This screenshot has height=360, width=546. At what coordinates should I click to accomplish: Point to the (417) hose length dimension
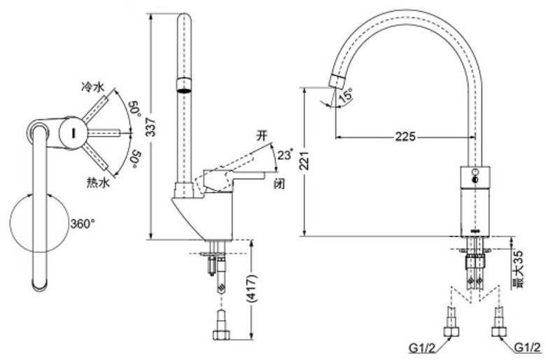click(x=251, y=288)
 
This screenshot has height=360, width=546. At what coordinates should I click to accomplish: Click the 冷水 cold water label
click(x=93, y=88)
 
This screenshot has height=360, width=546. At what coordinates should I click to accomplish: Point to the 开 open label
click(x=262, y=137)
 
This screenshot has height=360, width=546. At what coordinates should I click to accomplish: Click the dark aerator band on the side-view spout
click(x=182, y=85)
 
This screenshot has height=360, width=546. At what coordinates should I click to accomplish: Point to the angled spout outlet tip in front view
click(x=335, y=80)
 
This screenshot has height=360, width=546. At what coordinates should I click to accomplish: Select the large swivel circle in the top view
click(x=40, y=225)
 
